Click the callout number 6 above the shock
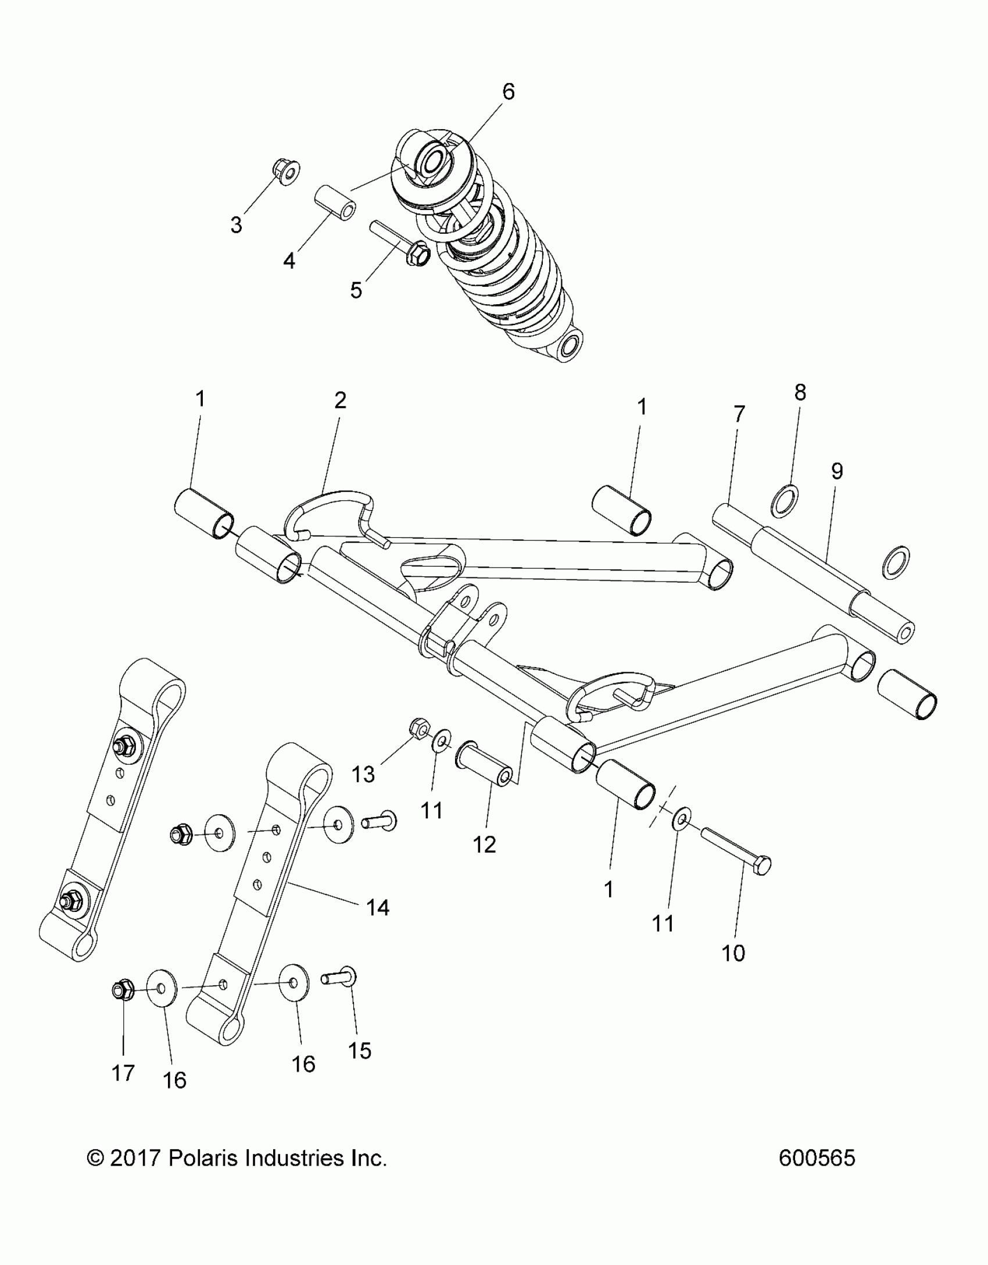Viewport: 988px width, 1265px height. (508, 92)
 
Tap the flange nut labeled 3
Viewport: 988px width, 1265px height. (285, 172)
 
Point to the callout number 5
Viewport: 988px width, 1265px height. (356, 289)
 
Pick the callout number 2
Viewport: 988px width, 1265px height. (340, 400)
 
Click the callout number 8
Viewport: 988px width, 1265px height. (800, 393)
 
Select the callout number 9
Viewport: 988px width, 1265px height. (836, 471)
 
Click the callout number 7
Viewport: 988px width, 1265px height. (739, 415)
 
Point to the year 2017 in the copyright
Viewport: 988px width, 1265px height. (135, 1159)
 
